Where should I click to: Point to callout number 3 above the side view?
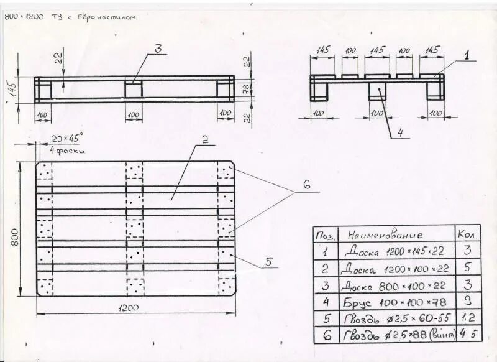point(158,49)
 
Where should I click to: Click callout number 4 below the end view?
point(400,131)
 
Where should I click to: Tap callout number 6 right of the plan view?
point(306,185)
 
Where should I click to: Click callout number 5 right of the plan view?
point(269,262)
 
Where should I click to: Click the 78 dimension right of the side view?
point(247,88)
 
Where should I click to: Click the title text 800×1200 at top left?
point(24,17)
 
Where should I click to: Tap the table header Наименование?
point(385,235)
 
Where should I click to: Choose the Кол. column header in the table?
point(467,234)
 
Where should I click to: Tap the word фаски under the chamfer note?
point(71,151)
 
